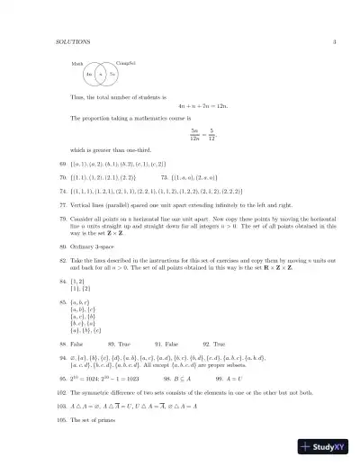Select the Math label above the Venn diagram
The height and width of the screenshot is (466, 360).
[76, 64]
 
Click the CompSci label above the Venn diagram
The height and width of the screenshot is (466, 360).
[126, 61]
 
